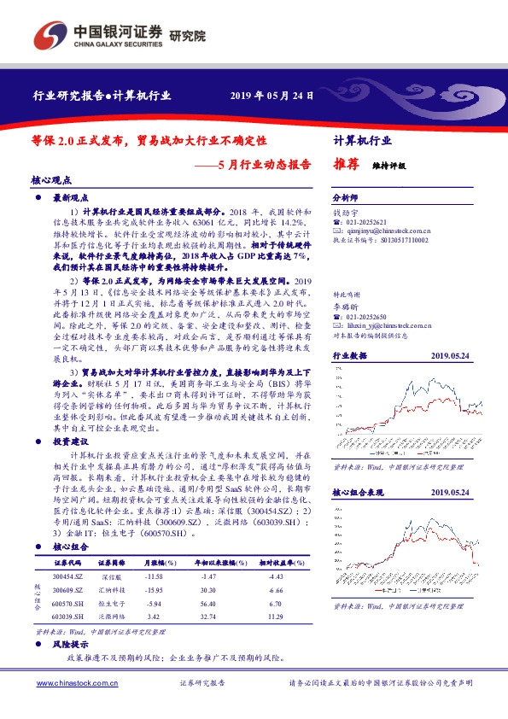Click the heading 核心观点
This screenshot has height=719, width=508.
51,180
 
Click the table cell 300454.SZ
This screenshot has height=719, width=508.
67,553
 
